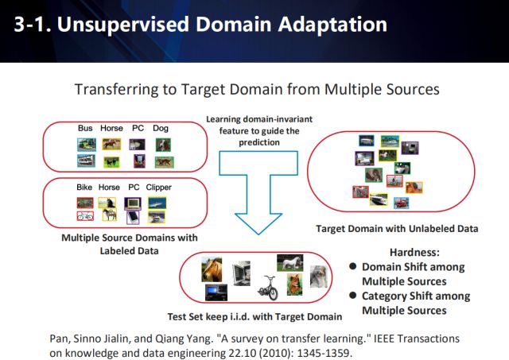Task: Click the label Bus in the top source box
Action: point(85,128)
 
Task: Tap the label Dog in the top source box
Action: point(161,128)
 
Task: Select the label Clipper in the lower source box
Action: point(159,187)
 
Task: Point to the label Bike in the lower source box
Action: point(85,187)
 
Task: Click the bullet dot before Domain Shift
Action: point(352,267)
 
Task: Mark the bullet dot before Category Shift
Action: point(352,296)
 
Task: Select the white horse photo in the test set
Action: point(289,262)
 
